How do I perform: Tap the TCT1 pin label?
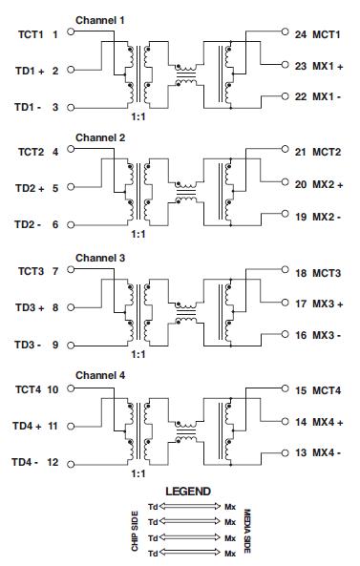click(x=31, y=33)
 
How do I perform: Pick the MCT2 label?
click(x=330, y=152)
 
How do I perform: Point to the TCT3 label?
click(x=31, y=271)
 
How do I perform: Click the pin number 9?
click(x=55, y=345)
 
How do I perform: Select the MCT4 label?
click(x=330, y=389)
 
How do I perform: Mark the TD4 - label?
click(x=28, y=462)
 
